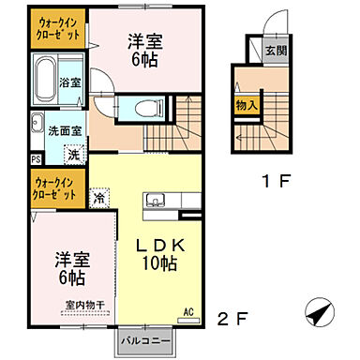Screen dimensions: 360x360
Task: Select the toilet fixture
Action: [x=149, y=107]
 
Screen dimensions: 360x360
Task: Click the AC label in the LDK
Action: [x=187, y=311]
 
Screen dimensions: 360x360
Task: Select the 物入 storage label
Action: [x=247, y=107]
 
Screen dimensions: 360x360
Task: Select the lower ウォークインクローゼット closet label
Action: [x=56, y=184]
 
